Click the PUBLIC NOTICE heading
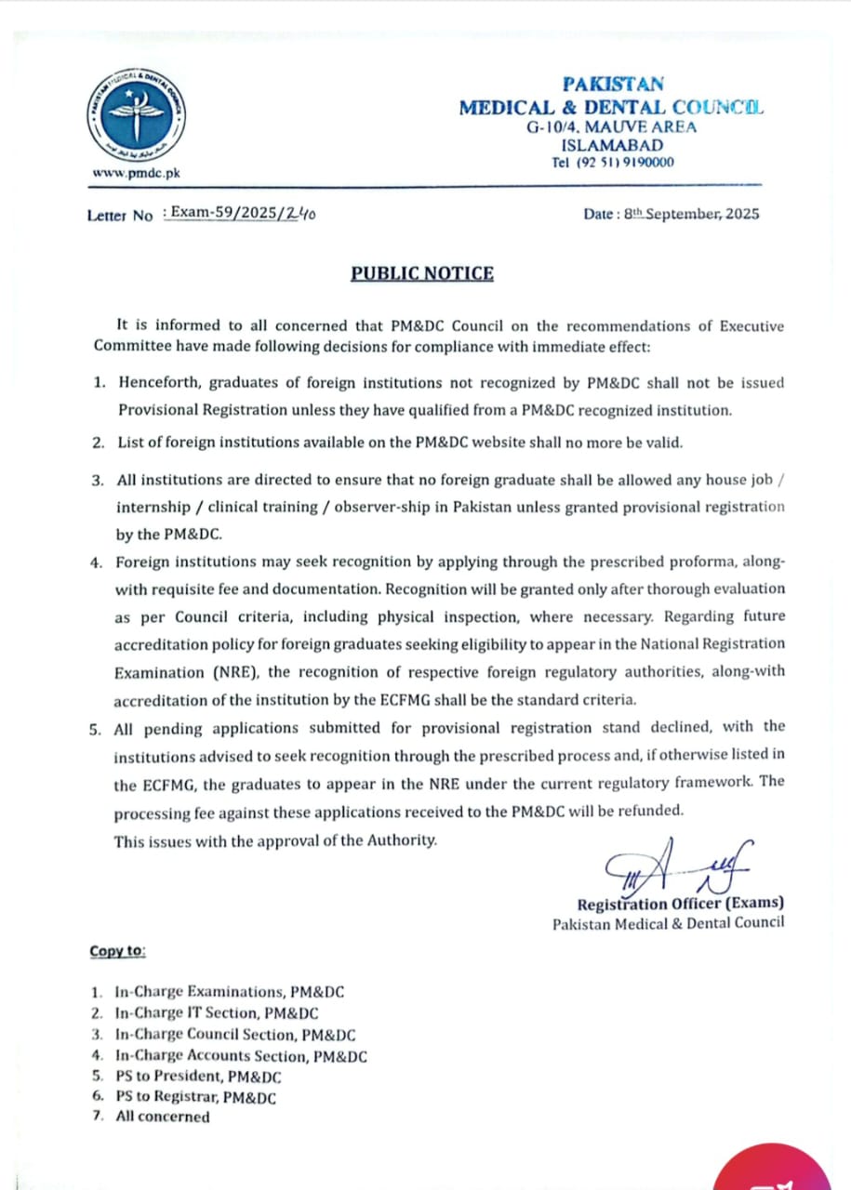[x=422, y=273]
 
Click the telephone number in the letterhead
[x=613, y=163]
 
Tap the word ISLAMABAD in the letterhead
[x=613, y=145]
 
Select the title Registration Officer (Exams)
[x=680, y=904]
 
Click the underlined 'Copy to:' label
[x=118, y=951]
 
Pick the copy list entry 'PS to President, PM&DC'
[x=198, y=1077]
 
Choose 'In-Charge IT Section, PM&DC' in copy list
[x=217, y=1012]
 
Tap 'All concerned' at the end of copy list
[x=163, y=1117]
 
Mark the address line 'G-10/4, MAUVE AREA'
[x=611, y=127]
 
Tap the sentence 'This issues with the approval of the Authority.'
[x=275, y=840]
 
